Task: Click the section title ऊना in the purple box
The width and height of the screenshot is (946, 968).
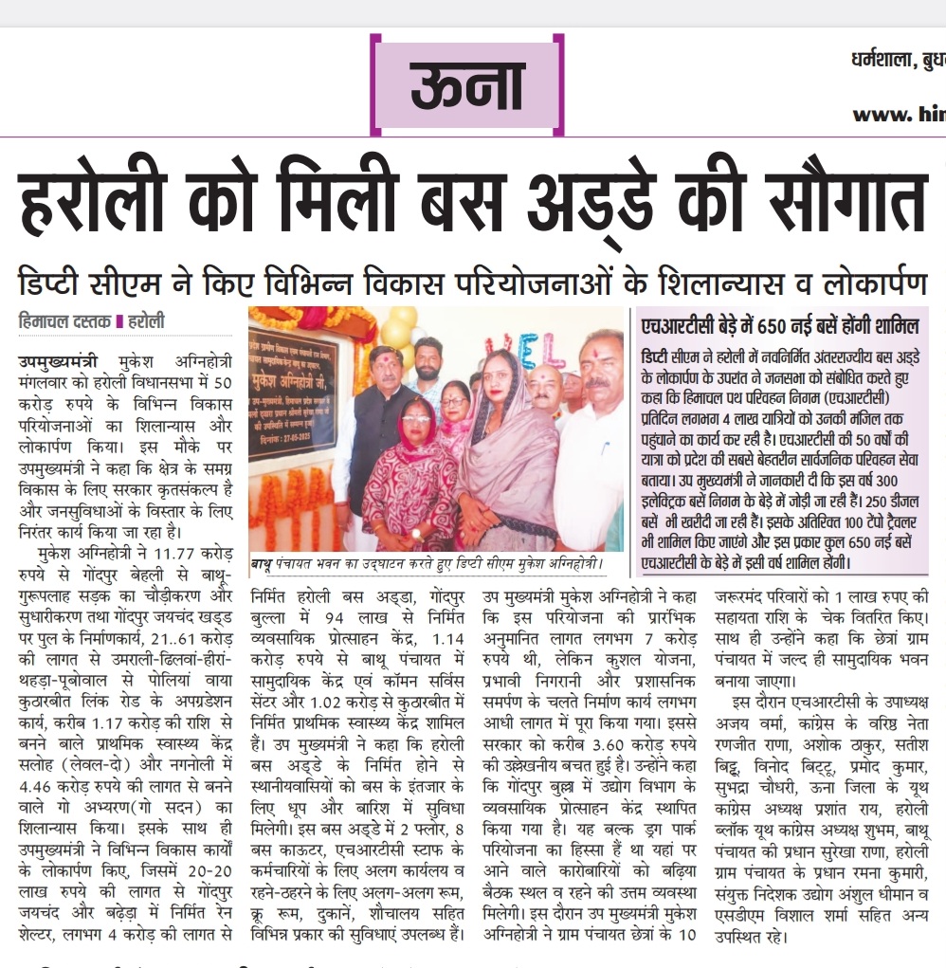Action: [x=466, y=87]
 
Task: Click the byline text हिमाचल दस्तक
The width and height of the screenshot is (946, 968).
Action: [x=64, y=321]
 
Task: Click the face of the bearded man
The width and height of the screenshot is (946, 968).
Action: [x=428, y=359]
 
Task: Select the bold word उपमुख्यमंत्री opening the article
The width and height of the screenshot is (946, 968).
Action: [x=57, y=361]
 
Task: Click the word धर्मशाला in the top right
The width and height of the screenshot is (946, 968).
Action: [x=879, y=62]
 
